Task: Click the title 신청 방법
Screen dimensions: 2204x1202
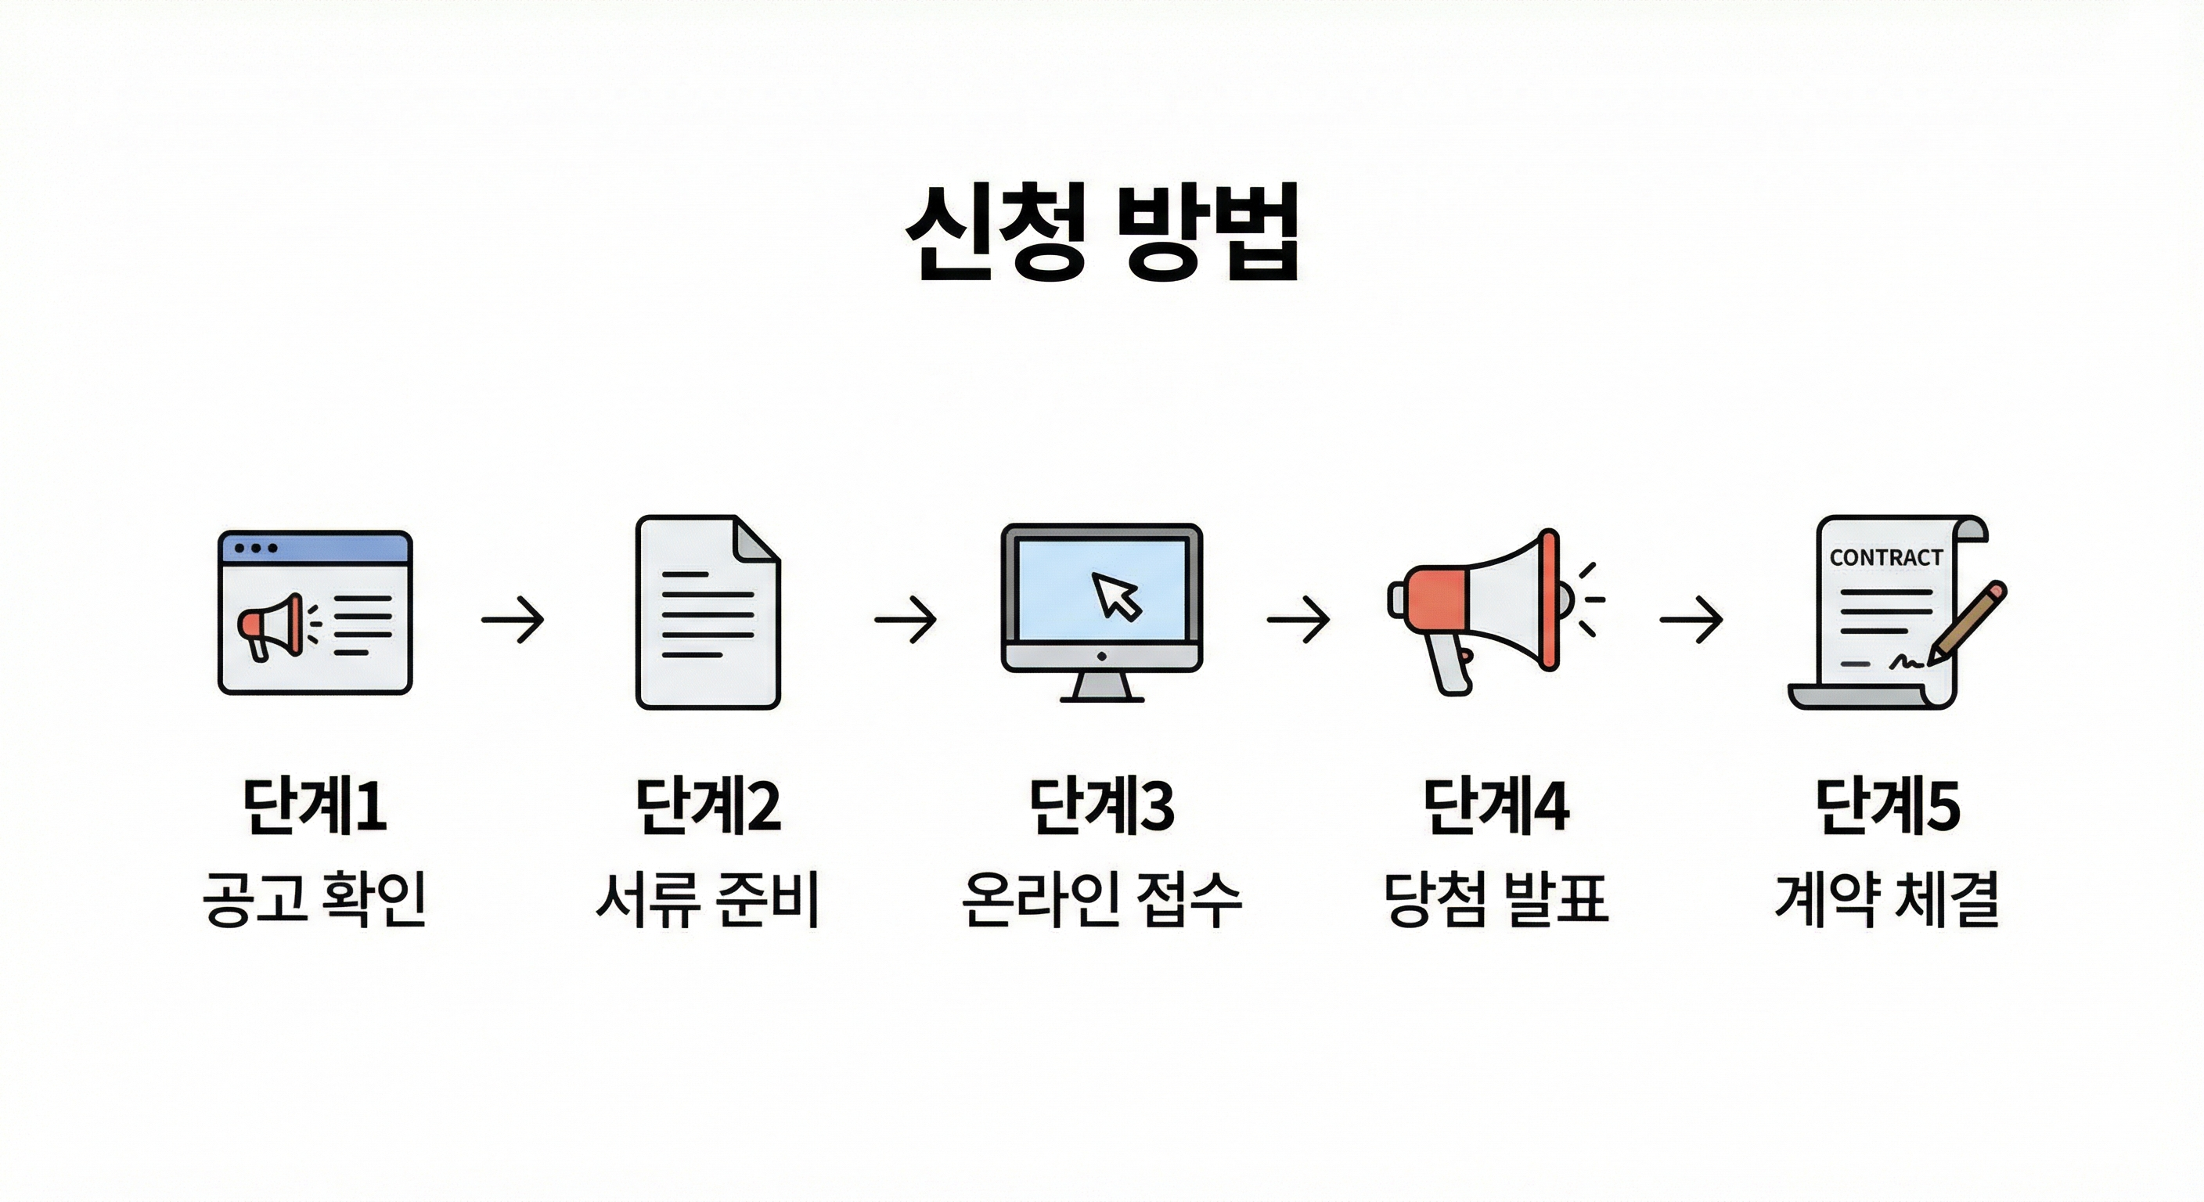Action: (x=1102, y=232)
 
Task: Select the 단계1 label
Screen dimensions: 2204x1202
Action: (x=315, y=806)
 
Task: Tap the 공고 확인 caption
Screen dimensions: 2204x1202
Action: (x=315, y=899)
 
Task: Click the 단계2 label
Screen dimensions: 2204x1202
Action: (x=708, y=806)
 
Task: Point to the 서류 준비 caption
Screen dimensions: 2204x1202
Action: (x=708, y=899)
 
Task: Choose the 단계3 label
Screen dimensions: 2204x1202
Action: (x=1102, y=806)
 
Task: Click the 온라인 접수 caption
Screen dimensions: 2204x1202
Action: (x=1102, y=899)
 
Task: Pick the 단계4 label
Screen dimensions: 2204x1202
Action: (x=1496, y=806)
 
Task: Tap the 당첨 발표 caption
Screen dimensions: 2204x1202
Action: (x=1496, y=899)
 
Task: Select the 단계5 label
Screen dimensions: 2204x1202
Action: (x=1889, y=806)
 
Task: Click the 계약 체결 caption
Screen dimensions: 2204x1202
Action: (x=1889, y=899)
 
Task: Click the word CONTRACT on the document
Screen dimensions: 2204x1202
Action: (x=1885, y=558)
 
